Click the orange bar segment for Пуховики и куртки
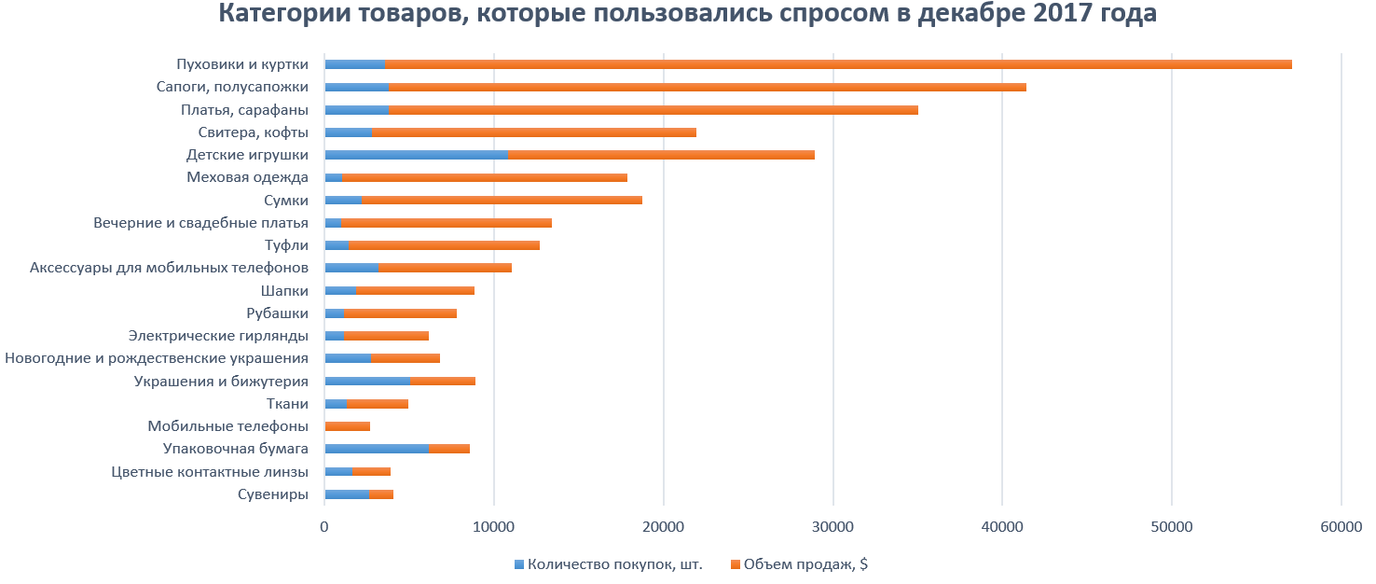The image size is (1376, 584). point(838,64)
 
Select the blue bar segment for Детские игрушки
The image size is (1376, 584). point(416,155)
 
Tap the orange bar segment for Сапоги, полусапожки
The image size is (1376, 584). point(708,87)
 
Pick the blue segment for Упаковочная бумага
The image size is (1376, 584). point(376,449)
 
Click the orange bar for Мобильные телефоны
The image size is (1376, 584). point(348,426)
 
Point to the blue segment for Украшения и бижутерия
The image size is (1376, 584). point(366,381)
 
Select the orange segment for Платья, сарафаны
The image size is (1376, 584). point(654,110)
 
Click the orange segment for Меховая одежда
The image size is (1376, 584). point(485,177)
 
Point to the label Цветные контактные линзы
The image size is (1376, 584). point(210,471)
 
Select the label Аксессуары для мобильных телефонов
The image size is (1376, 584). point(169,268)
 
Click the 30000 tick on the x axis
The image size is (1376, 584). point(832,526)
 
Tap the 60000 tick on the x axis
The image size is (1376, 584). point(1341,526)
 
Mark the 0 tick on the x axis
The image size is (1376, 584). point(324,526)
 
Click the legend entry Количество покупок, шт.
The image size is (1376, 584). point(614,563)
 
